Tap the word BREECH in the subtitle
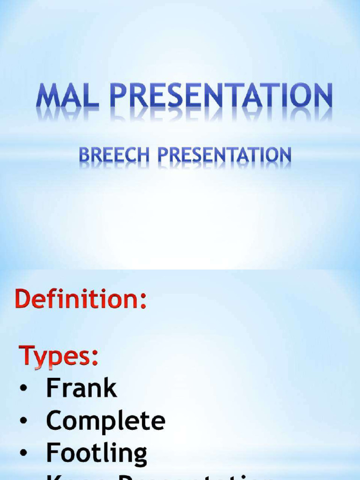point(114,155)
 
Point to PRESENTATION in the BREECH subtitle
point(224,155)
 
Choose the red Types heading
point(59,356)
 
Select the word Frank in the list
point(81,388)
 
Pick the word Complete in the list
point(105,420)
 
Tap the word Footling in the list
point(97,453)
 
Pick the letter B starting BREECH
point(84,155)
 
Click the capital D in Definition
point(24,299)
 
